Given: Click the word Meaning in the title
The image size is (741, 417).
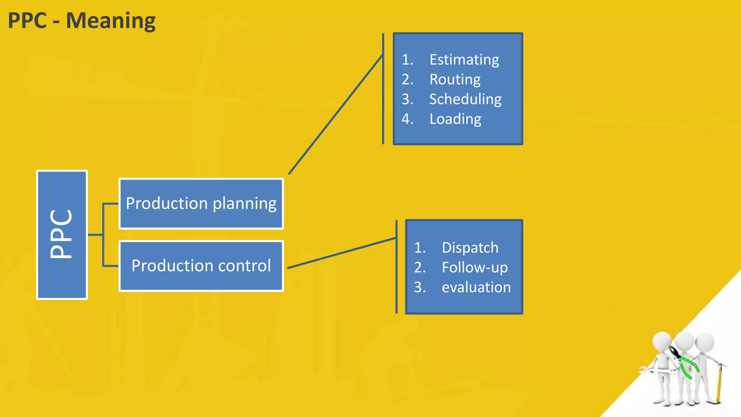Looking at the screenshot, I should click(111, 21).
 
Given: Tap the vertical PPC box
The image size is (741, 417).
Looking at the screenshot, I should click(62, 235).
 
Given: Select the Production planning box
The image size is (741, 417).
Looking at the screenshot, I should click(201, 203).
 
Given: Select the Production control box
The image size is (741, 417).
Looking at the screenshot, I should click(201, 266).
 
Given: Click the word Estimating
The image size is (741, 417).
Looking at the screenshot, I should click(464, 60).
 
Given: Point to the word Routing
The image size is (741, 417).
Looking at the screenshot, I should click(455, 80).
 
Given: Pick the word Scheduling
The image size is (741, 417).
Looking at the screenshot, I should click(465, 99).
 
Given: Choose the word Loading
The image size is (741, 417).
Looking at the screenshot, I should click(455, 119).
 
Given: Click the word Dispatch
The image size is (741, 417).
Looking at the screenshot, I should click(470, 248).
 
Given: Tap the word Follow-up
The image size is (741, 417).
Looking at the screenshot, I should click(475, 268).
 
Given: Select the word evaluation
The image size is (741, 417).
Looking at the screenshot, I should click(476, 287).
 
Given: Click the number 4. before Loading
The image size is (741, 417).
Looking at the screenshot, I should click(407, 119).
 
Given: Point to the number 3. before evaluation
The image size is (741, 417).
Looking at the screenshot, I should click(420, 287).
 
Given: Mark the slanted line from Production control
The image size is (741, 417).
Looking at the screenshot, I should click(342, 253).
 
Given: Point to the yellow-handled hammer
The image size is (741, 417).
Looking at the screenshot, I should click(719, 384).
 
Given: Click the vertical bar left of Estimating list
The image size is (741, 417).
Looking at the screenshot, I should click(383, 89).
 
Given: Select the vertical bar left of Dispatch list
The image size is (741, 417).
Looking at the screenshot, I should click(397, 267).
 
